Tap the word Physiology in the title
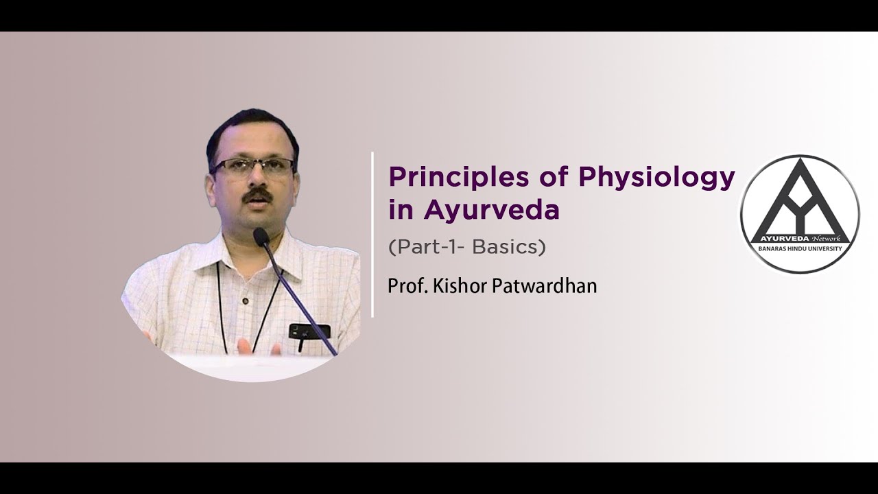[657, 178]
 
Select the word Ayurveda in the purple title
[491, 211]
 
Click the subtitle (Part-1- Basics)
[467, 247]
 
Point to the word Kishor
[461, 285]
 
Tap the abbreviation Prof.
[403, 285]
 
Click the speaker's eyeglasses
[252, 167]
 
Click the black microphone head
[261, 237]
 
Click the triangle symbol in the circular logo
[800, 199]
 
